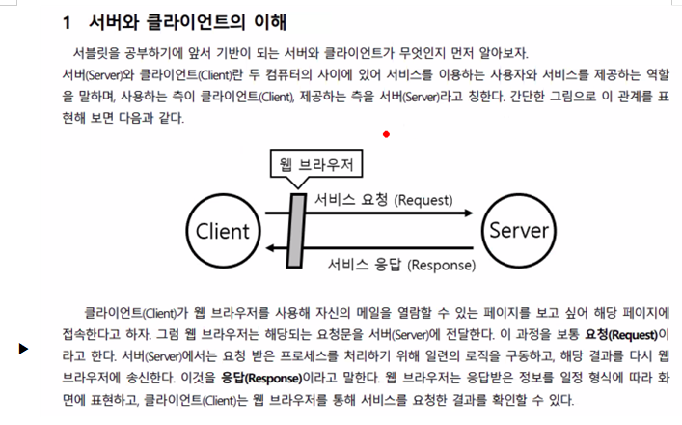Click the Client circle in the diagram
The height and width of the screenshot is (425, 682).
click(x=223, y=231)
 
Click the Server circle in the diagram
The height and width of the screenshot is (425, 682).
click(x=518, y=231)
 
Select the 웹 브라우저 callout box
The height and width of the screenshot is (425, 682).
click(x=313, y=165)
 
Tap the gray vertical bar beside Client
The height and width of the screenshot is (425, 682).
click(x=296, y=231)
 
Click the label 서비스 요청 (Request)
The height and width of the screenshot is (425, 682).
click(x=384, y=200)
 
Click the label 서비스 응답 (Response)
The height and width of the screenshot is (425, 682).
click(x=401, y=264)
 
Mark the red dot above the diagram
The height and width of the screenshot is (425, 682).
click(x=386, y=134)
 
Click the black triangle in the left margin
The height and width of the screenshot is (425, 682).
click(x=23, y=348)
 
